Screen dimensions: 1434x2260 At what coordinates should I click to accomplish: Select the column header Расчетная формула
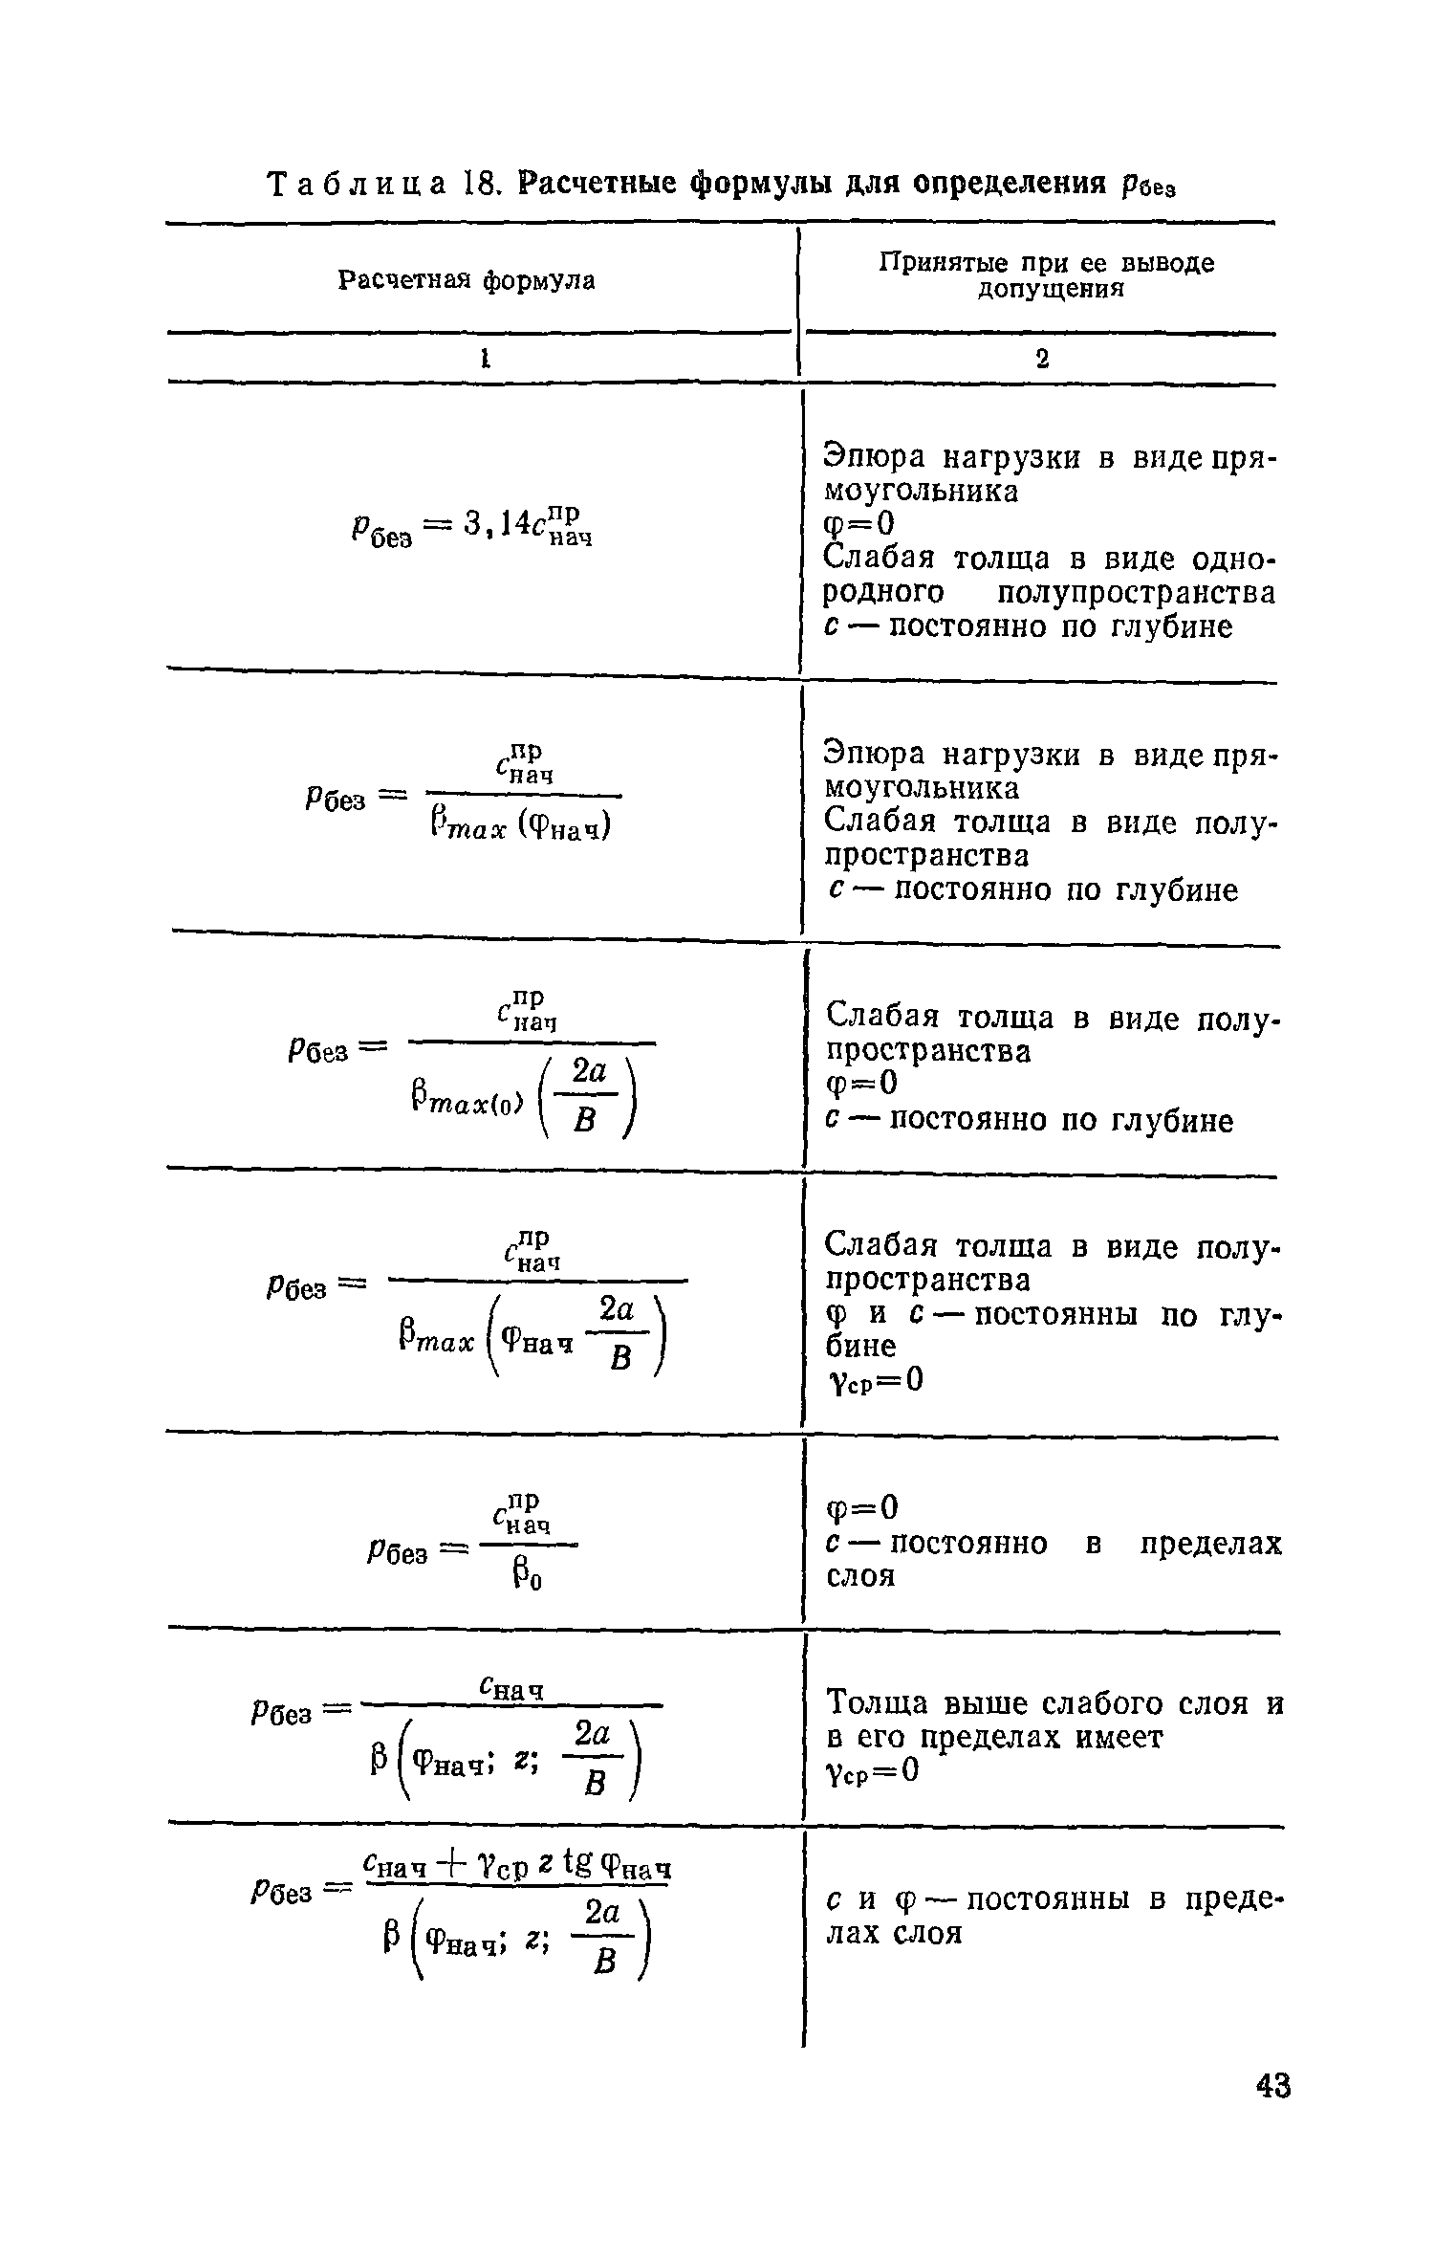coord(467,280)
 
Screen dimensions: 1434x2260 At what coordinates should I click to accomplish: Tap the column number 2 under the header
coord(1042,359)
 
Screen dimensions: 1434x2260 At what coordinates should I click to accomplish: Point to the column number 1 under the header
coord(485,359)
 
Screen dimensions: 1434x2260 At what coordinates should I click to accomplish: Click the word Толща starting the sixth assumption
coord(876,1703)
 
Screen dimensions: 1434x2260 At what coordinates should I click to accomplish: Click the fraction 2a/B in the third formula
coord(591,1097)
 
